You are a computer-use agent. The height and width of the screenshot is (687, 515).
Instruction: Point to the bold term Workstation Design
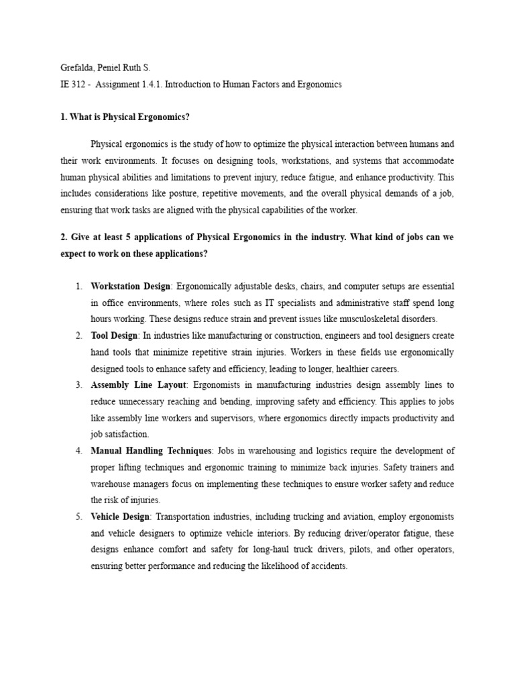(x=131, y=286)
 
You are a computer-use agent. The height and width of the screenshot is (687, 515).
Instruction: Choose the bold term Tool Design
(x=115, y=335)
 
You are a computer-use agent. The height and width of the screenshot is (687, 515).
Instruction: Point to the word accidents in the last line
(x=329, y=565)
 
